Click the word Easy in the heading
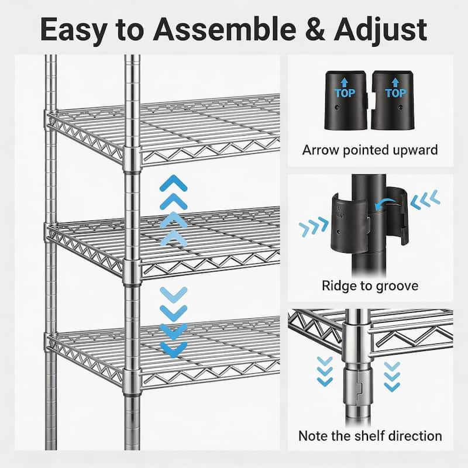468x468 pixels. tap(74, 30)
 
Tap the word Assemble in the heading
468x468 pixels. tap(224, 29)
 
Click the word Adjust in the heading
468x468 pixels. tap(381, 30)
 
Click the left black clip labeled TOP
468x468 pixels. tap(346, 100)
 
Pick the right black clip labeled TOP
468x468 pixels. tap(394, 100)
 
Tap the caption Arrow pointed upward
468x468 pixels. tap(370, 150)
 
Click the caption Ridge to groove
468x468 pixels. tap(370, 286)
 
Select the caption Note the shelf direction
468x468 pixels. tap(370, 436)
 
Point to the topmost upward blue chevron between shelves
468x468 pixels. tap(173, 183)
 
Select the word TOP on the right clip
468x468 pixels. tap(395, 93)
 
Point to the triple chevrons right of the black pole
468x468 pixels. tap(425, 199)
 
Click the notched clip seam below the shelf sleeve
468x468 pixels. tap(360, 386)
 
